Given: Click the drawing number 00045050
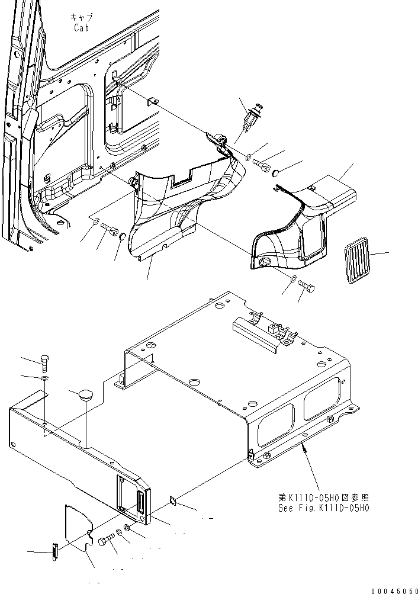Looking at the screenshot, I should [394, 590].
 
